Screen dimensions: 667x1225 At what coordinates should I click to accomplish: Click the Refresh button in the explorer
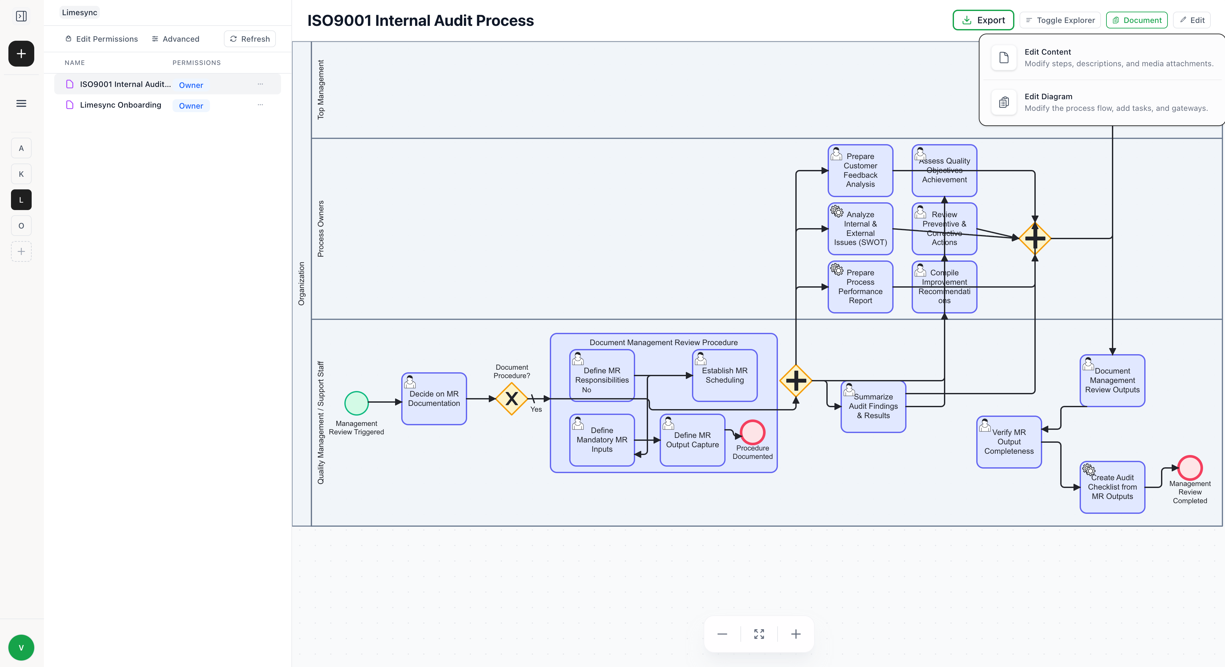[x=250, y=39]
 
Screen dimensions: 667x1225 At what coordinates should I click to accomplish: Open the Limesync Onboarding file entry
[x=120, y=105]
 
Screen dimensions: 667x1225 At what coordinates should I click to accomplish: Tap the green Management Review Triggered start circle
[x=356, y=403]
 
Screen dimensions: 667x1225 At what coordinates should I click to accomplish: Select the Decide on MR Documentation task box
[x=434, y=399]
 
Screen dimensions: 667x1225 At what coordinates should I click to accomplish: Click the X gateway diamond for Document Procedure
[x=511, y=399]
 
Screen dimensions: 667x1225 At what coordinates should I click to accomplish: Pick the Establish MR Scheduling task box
[x=724, y=376]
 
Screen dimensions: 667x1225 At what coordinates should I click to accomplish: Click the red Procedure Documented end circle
[x=752, y=432]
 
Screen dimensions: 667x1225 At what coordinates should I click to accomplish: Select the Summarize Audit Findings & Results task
[x=873, y=406]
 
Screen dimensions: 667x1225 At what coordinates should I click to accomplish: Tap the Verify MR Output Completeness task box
[x=1009, y=442]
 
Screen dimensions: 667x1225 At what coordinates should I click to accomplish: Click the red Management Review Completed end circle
[x=1190, y=468]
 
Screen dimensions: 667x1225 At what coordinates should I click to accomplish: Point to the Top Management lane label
[x=320, y=90]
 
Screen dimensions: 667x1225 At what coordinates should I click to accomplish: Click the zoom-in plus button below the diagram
[x=796, y=634]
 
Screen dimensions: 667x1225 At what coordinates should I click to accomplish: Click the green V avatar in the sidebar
[x=21, y=648]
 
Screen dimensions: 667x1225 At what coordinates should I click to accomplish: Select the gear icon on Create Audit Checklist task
[x=1089, y=470]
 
